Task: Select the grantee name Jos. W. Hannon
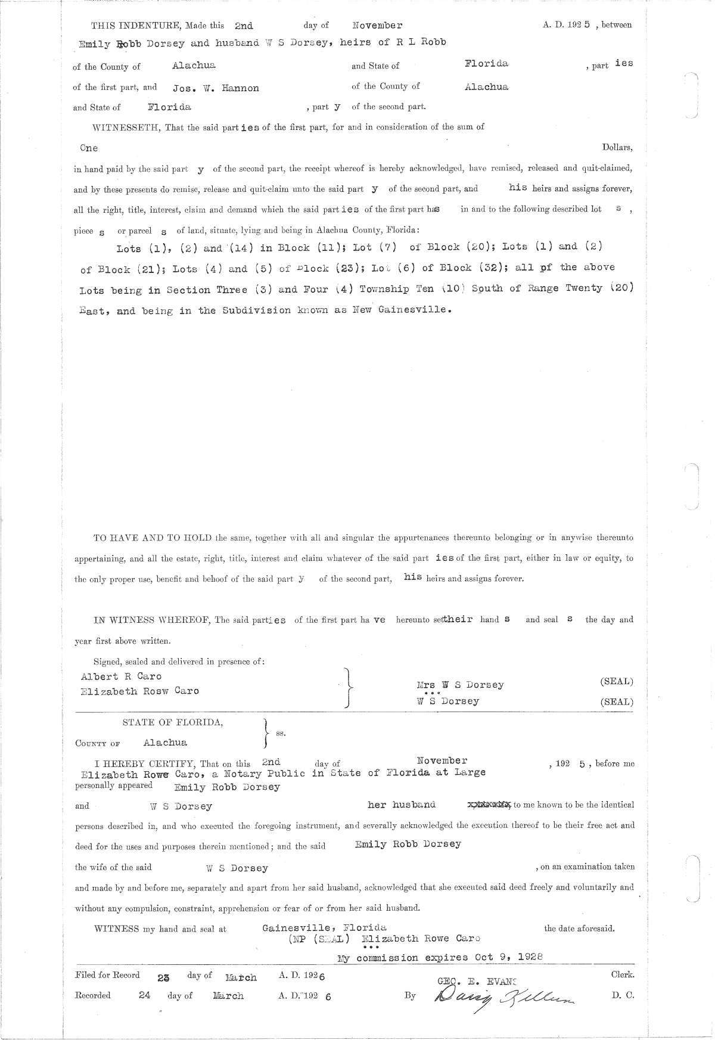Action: click(216, 88)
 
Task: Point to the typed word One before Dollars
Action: click(89, 148)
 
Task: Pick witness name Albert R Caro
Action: click(121, 676)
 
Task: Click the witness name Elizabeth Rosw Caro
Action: click(139, 691)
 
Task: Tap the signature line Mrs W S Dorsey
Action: click(461, 685)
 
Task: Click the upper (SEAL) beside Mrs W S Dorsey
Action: click(616, 681)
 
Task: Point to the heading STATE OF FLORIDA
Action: click(173, 722)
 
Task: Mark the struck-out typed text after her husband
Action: click(489, 805)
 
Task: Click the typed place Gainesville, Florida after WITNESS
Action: click(324, 928)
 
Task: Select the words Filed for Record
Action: click(107, 975)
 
